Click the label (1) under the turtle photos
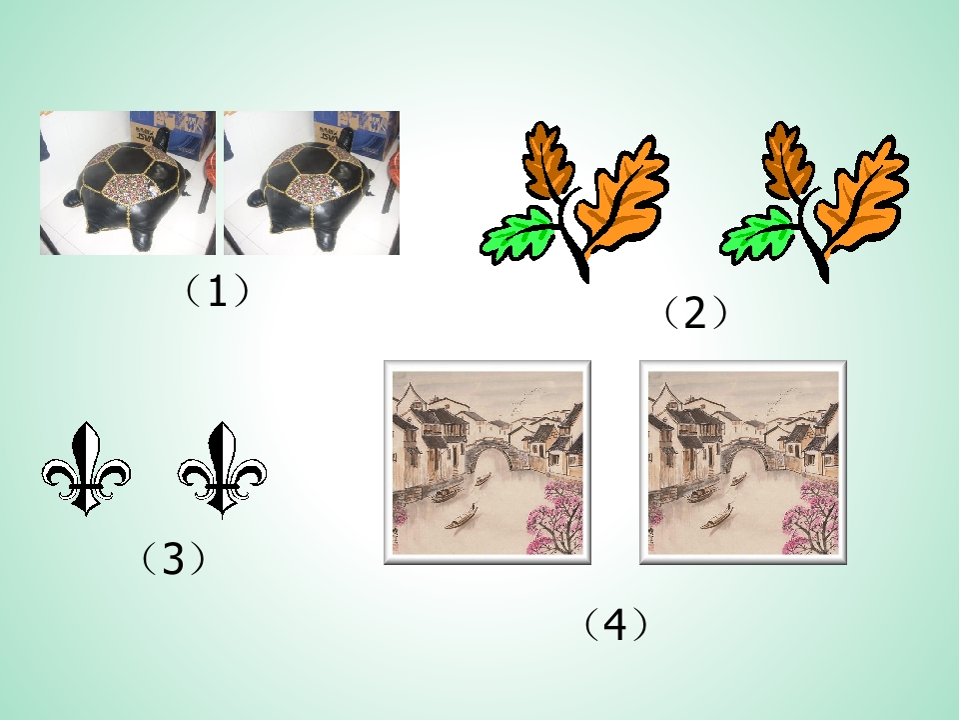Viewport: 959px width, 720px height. point(218,291)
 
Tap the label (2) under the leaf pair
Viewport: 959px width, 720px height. point(696,313)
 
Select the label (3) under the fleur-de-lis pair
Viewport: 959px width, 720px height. point(173,558)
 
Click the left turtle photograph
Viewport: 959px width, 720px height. point(128,183)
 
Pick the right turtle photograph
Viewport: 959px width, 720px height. point(312,183)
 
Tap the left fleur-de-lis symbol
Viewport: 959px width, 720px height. point(86,469)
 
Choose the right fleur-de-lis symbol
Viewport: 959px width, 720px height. point(223,469)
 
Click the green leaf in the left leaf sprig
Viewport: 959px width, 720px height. point(518,233)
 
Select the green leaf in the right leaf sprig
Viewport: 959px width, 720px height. point(758,233)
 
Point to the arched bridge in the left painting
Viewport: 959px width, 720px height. point(487,454)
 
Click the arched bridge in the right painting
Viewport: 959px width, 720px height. point(743,454)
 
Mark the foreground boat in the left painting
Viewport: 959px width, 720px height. point(463,518)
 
